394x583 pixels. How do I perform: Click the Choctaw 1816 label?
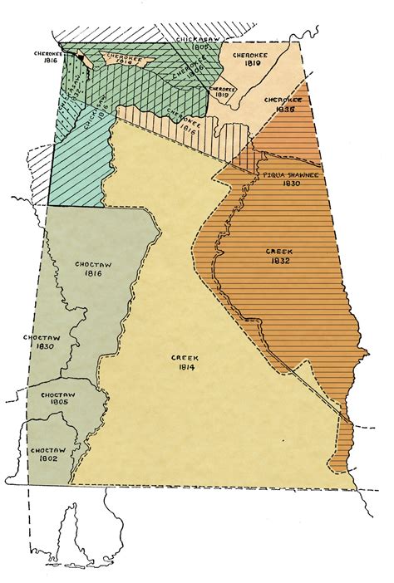coord(93,268)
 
